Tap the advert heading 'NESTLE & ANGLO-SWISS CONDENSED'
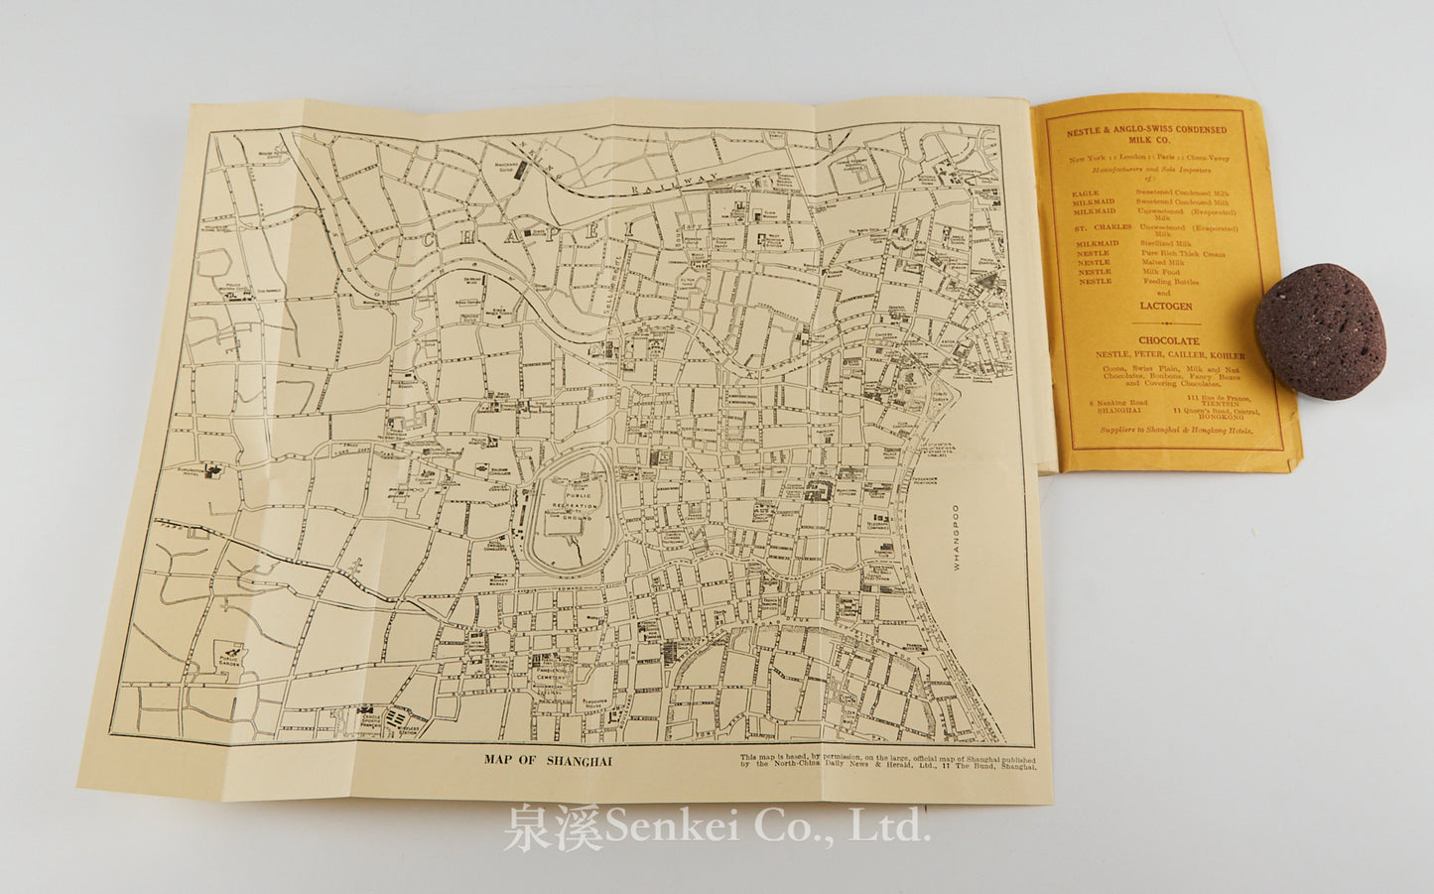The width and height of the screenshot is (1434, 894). coord(1146,130)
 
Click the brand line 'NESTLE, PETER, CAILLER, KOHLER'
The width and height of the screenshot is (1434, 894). coord(1169,354)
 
